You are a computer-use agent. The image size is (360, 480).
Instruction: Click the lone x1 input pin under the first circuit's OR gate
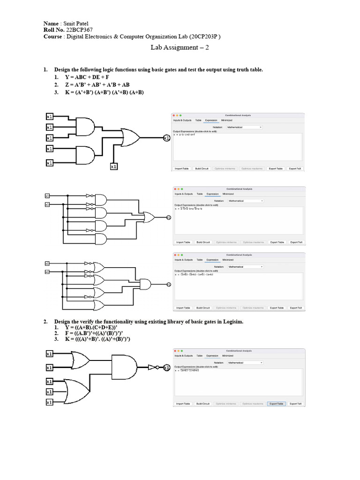[x=113, y=166]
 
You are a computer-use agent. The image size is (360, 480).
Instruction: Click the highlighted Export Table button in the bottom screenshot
[x=276, y=404]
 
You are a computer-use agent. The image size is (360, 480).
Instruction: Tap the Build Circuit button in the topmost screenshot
[x=202, y=168]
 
